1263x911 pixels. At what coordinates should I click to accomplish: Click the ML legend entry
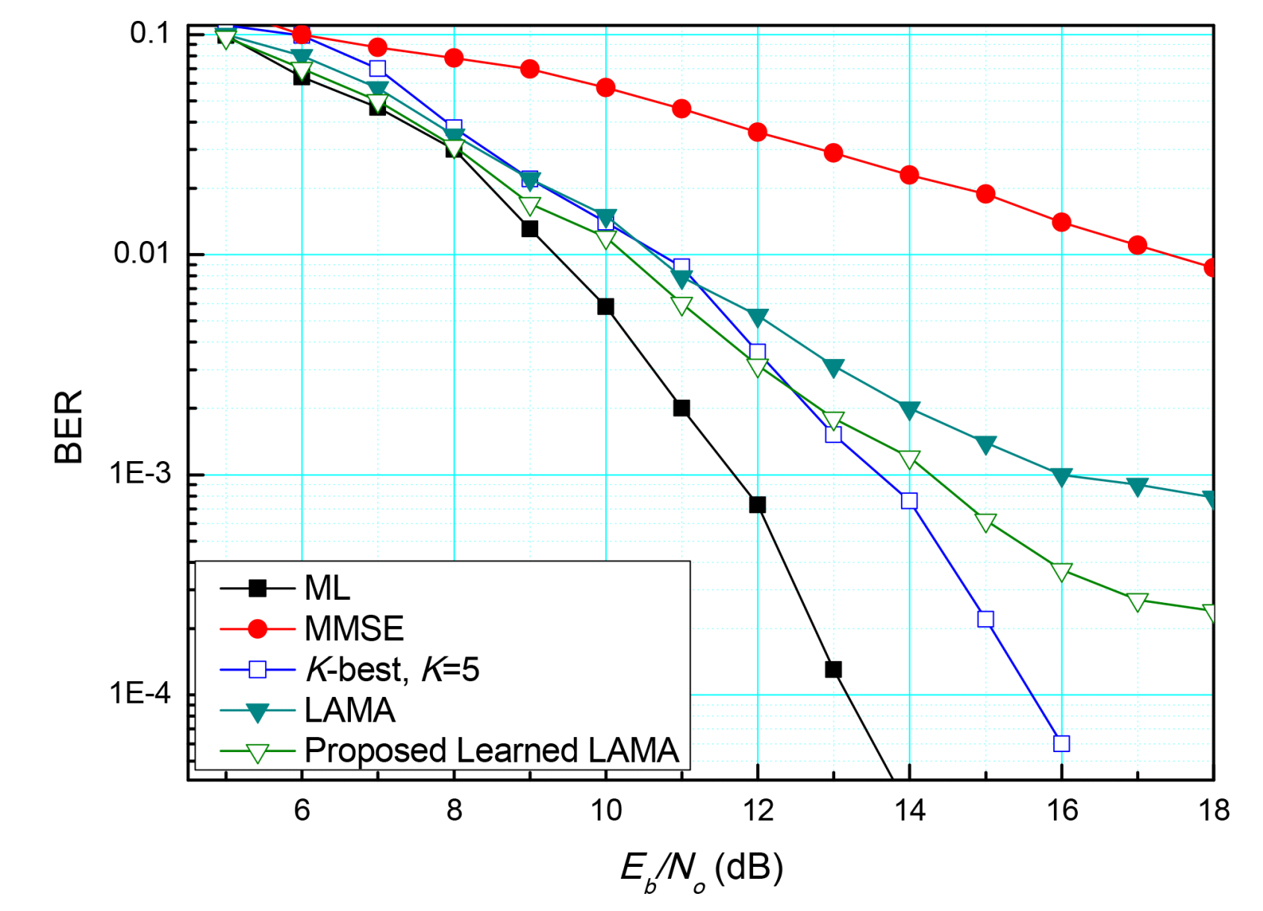click(327, 589)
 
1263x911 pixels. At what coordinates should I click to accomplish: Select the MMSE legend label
click(354, 629)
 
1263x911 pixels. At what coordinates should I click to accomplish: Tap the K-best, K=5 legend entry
click(391, 669)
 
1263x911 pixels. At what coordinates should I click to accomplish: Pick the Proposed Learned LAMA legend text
click(492, 750)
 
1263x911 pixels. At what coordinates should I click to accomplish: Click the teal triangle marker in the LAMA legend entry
click(258, 712)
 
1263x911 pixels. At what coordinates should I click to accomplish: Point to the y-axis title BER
click(69, 427)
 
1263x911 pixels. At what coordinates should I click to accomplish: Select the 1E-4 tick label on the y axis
click(140, 694)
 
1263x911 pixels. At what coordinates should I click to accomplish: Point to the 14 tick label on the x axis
click(909, 810)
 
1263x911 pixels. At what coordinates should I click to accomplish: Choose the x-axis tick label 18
click(1214, 810)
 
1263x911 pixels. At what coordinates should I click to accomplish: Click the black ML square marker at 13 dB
click(833, 669)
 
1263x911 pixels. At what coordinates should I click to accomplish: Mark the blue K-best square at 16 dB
click(1061, 743)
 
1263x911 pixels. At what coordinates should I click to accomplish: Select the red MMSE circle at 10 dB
click(605, 88)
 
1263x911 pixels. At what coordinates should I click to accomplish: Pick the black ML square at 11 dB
click(682, 408)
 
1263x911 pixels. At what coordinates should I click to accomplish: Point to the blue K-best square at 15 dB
click(985, 619)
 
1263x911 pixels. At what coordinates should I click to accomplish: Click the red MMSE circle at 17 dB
click(1137, 245)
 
